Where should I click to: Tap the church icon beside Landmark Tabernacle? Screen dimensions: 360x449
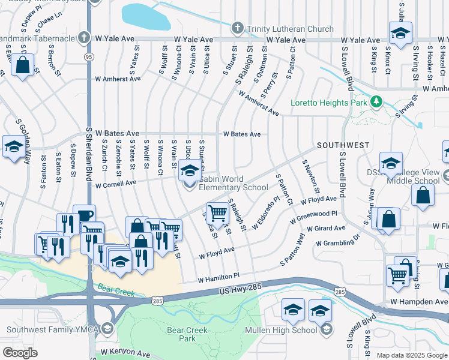(84, 38)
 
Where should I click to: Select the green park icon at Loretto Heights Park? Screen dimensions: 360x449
(376, 101)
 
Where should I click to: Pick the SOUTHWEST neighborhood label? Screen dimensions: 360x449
(343, 145)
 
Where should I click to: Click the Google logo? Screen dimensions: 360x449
(20, 353)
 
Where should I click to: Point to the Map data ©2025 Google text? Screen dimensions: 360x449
(411, 355)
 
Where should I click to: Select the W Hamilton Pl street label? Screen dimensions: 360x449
(219, 277)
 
